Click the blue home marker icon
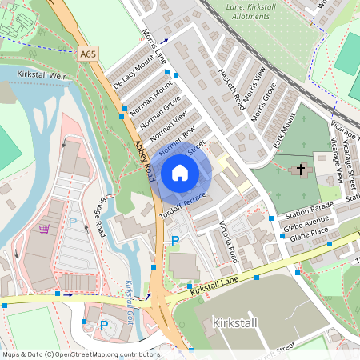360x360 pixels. tap(180, 172)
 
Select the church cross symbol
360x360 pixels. tap(302, 170)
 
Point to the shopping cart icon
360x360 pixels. tap(44, 229)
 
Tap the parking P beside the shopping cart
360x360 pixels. tap(72, 222)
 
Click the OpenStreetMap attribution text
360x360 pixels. tap(80, 354)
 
